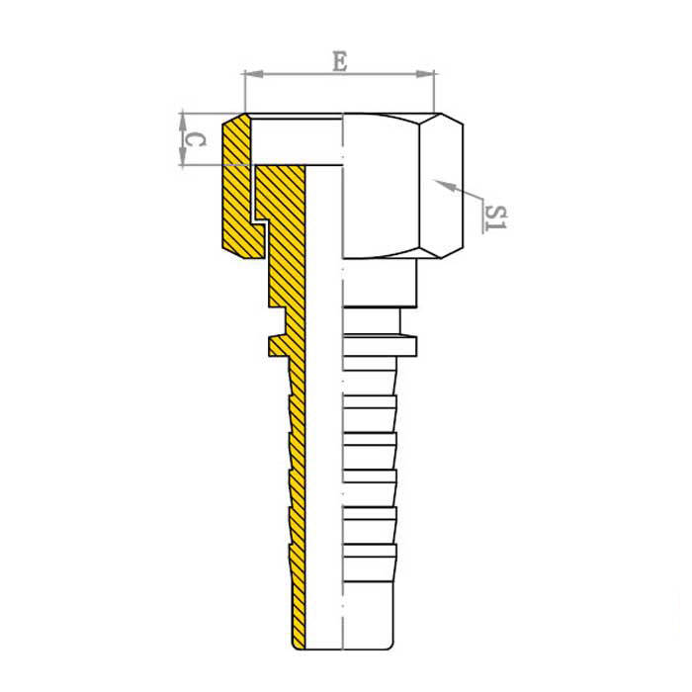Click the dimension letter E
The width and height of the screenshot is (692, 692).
pyautogui.click(x=340, y=61)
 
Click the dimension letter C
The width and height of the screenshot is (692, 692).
pyautogui.click(x=195, y=140)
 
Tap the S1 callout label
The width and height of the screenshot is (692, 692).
pyautogui.click(x=494, y=217)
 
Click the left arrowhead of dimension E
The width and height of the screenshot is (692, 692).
pyautogui.click(x=254, y=74)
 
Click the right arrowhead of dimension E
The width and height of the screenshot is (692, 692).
pyautogui.click(x=425, y=74)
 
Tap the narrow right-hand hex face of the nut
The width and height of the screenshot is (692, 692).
pyautogui.click(x=441, y=186)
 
